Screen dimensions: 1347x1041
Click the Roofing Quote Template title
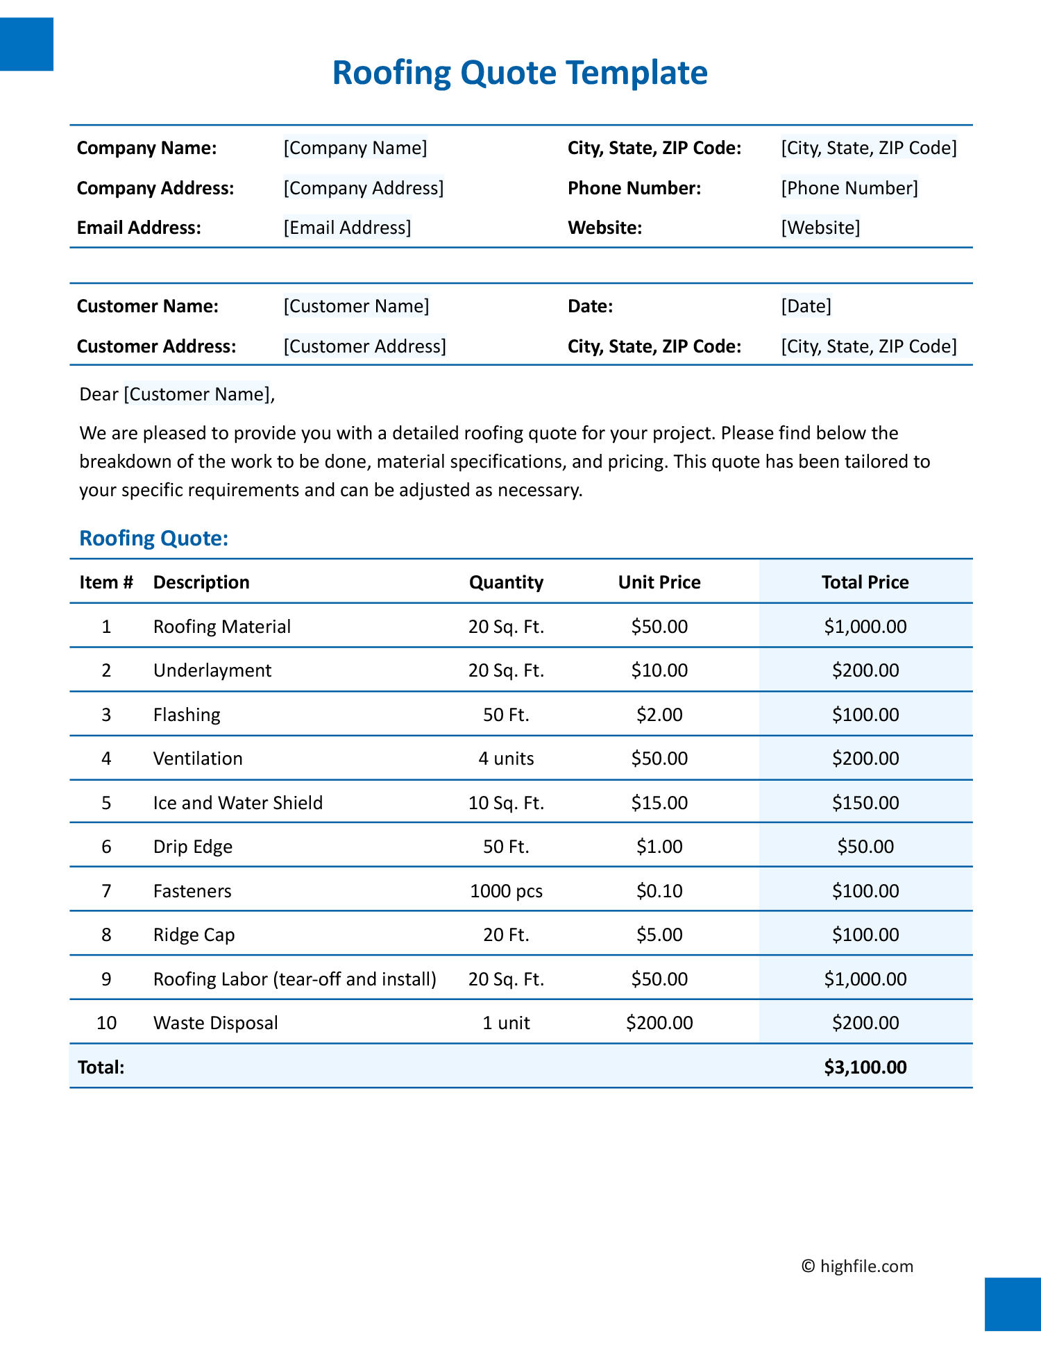tap(520, 73)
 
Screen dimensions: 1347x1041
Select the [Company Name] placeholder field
tap(355, 148)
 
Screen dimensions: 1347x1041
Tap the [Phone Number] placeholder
tap(849, 188)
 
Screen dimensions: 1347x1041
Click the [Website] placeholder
tap(820, 228)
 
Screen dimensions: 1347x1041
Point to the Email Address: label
tap(139, 228)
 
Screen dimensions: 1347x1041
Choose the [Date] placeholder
tap(806, 306)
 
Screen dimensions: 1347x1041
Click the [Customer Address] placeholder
tap(364, 346)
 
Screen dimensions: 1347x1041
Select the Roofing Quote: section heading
tap(153, 539)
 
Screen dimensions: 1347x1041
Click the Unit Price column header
tap(659, 582)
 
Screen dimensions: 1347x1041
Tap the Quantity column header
tap(506, 582)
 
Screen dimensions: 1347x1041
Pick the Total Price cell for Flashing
tap(865, 715)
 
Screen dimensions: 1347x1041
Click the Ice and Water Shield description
tap(237, 803)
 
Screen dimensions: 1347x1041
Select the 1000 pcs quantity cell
tap(506, 891)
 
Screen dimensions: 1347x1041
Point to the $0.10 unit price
tap(659, 891)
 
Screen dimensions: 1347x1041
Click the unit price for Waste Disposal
tap(659, 1023)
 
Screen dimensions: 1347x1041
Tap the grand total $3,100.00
tap(865, 1067)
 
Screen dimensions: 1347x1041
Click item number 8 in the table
tap(106, 935)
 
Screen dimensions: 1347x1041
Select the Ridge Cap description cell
tap(194, 935)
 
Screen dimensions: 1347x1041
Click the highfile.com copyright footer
tap(857, 1266)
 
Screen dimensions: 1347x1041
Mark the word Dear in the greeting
tap(99, 394)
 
